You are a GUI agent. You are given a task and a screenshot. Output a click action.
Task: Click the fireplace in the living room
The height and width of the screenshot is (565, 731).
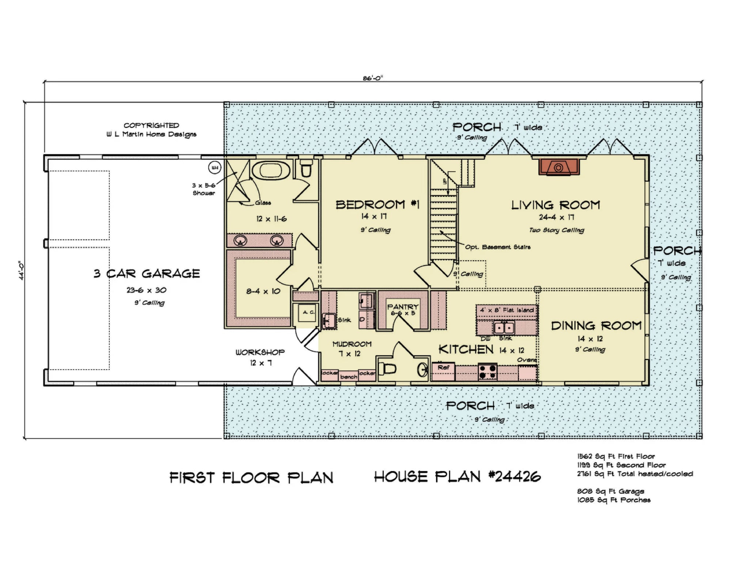pyautogui.click(x=558, y=167)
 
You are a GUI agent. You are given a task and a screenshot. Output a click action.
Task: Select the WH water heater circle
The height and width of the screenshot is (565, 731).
pyautogui.click(x=215, y=168)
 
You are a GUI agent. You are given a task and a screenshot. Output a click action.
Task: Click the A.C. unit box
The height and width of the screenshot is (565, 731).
pyautogui.click(x=307, y=313)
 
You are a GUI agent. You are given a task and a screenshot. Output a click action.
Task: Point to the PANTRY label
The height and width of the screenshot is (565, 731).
pyautogui.click(x=403, y=307)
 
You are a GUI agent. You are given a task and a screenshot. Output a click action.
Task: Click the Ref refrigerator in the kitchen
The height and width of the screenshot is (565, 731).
pyautogui.click(x=443, y=368)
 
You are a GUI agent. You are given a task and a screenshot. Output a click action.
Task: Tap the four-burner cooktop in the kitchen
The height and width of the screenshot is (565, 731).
pyautogui.click(x=488, y=372)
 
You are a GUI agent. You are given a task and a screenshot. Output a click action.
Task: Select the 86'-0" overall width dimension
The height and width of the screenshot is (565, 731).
pyautogui.click(x=373, y=78)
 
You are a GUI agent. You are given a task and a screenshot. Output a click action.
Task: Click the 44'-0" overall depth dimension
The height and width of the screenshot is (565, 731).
pyautogui.click(x=22, y=270)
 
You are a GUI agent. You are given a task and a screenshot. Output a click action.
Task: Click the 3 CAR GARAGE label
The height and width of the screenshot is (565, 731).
pyautogui.click(x=147, y=274)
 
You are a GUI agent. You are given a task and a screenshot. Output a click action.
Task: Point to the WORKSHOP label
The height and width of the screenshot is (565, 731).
pyautogui.click(x=260, y=353)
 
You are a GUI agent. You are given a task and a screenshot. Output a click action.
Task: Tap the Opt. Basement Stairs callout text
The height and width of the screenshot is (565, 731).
pyautogui.click(x=497, y=247)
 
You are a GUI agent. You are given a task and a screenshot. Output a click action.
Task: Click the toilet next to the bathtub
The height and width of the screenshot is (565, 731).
pyautogui.click(x=306, y=169)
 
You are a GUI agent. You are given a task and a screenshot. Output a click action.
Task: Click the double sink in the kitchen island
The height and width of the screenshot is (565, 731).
pyautogui.click(x=504, y=328)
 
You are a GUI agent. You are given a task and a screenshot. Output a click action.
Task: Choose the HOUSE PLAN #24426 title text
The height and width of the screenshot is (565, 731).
pyautogui.click(x=457, y=477)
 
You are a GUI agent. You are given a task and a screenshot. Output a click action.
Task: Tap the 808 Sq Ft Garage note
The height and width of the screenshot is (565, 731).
pyautogui.click(x=610, y=491)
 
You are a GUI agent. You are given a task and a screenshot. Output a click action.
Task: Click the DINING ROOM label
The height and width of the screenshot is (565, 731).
pyautogui.click(x=596, y=326)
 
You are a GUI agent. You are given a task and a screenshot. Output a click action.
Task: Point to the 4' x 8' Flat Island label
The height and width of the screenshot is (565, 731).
pyautogui.click(x=507, y=310)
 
